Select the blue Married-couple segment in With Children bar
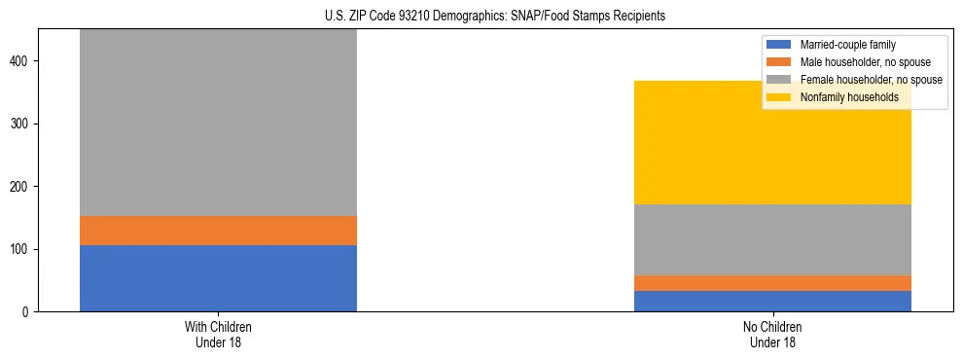(218, 278)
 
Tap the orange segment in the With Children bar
(218, 231)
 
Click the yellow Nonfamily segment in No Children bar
(772, 142)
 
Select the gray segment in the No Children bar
(772, 239)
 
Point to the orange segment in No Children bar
(772, 283)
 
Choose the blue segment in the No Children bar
(772, 301)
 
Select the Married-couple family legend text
(847, 45)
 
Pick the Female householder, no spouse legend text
(871, 80)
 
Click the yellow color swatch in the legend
(779, 97)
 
